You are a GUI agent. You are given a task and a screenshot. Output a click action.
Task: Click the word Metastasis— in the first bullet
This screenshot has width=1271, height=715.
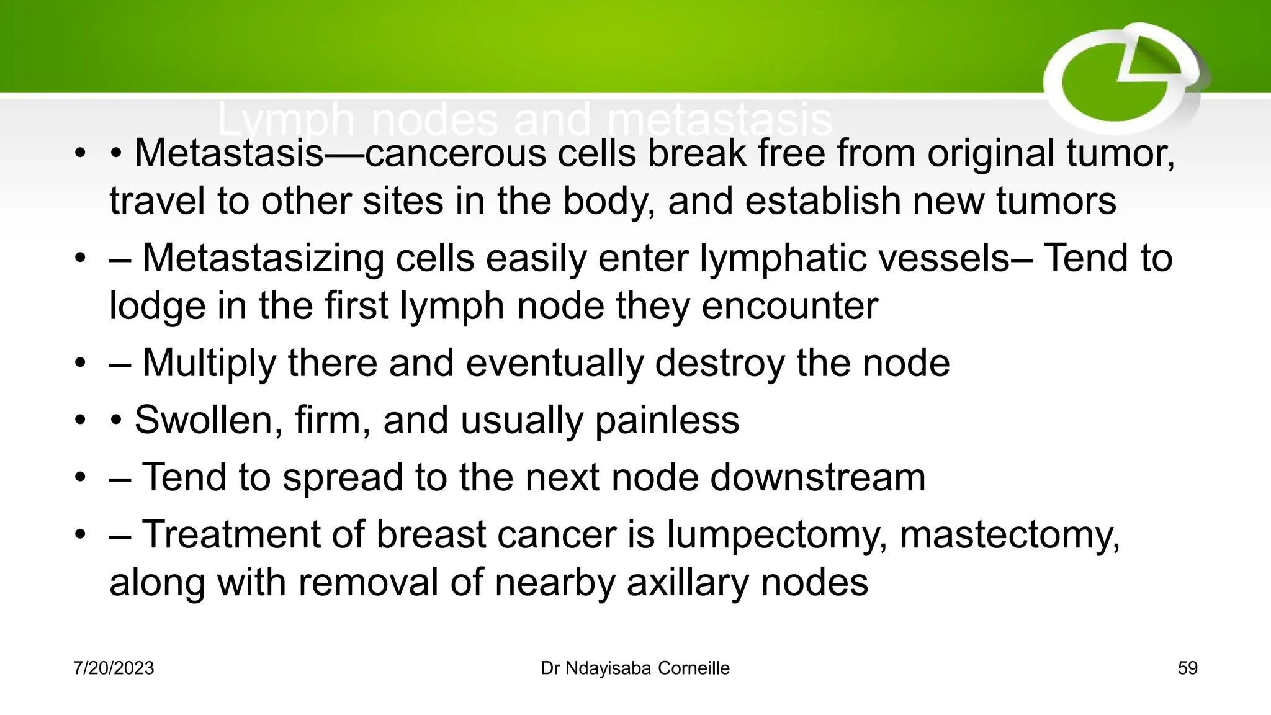pos(248,153)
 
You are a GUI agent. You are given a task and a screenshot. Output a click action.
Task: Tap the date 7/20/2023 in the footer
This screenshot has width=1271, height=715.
pos(114,668)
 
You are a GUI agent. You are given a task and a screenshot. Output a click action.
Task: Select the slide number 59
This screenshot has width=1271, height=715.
pos(1187,668)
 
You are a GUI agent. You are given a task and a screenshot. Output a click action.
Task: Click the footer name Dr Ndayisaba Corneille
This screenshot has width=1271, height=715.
pos(635,668)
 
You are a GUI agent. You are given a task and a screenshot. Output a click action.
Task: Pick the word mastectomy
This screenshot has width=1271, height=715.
pos(1010,534)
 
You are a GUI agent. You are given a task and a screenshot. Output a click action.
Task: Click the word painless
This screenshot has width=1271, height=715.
pos(667,420)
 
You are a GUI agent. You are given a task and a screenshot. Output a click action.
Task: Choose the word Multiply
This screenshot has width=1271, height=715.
pos(209,363)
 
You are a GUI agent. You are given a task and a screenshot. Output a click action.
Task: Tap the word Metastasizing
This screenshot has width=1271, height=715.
pos(263,258)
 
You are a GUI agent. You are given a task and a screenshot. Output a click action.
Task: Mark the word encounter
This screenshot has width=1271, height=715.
pos(789,306)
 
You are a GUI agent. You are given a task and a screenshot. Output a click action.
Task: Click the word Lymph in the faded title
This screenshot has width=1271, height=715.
pos(285,119)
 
